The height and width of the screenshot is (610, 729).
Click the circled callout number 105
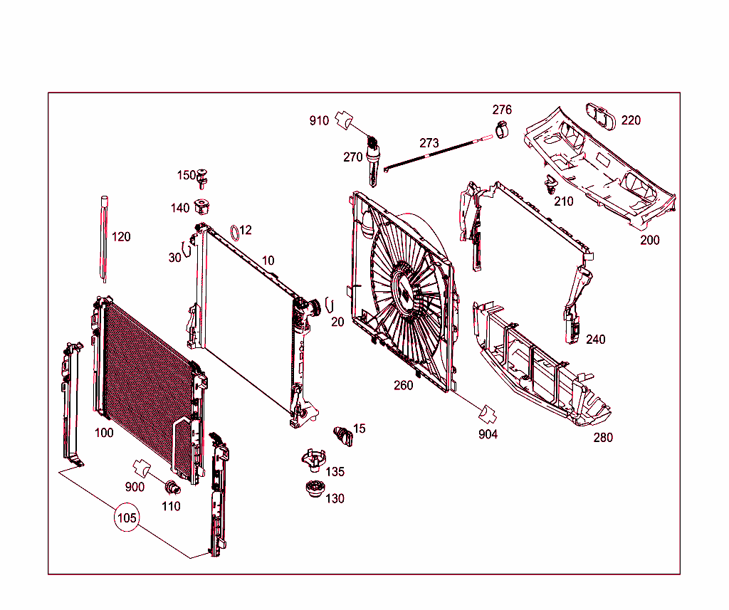[x=127, y=517]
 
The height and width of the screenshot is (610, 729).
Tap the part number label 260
[x=403, y=386]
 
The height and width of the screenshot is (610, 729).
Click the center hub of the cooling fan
[x=404, y=289]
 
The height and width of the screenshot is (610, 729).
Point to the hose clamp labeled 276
[x=503, y=130]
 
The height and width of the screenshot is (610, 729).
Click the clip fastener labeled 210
[x=550, y=186]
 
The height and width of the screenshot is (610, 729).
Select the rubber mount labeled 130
[x=313, y=492]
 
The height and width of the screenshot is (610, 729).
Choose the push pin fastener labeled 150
[x=205, y=177]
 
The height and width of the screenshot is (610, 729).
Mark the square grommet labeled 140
[x=204, y=207]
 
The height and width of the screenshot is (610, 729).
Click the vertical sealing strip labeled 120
[x=104, y=238]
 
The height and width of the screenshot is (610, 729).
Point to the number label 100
[x=104, y=433]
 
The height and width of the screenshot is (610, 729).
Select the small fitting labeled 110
[x=172, y=488]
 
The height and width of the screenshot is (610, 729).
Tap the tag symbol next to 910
[x=345, y=120]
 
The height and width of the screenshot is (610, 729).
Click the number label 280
[x=603, y=438]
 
